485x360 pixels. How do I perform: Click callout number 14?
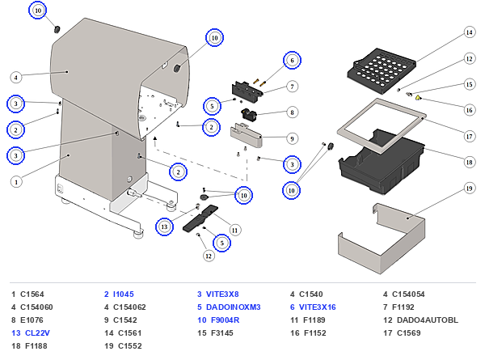[469, 32]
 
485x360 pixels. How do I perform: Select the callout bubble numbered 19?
[469, 188]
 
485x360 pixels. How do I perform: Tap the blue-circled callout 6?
[292, 60]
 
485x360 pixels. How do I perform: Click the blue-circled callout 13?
[164, 227]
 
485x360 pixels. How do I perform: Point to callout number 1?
[16, 182]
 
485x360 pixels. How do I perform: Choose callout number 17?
[469, 136]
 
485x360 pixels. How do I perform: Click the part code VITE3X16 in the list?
[318, 307]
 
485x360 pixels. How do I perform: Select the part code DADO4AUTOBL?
[428, 320]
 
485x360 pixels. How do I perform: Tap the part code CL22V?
[37, 333]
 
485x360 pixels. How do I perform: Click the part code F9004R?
[226, 320]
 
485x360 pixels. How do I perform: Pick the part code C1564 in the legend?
[32, 294]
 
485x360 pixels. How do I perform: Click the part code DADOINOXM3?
[234, 307]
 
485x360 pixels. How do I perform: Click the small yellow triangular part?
[418, 98]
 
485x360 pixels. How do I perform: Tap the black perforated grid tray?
[382, 70]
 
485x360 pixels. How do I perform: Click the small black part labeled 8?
[249, 114]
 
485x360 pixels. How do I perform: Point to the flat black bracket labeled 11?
[200, 218]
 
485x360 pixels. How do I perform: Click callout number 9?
[292, 138]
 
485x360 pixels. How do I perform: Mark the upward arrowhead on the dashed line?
[155, 138]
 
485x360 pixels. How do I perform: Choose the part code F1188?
[36, 346]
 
